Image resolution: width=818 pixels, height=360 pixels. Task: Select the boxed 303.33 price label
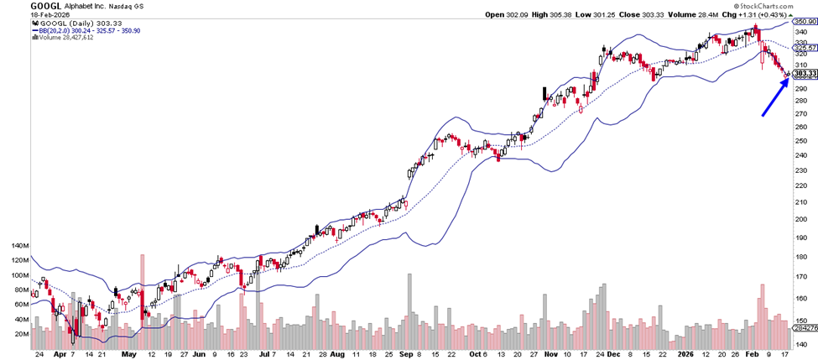804,74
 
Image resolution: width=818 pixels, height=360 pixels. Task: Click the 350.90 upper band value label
804,20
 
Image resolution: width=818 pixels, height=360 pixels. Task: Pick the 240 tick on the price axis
802,169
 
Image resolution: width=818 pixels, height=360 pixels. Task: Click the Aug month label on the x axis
336,354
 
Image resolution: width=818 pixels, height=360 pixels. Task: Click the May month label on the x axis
128,354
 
